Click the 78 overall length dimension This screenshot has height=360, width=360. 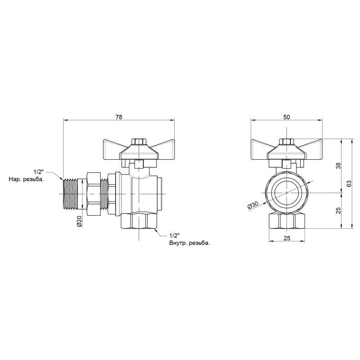coord(119,117)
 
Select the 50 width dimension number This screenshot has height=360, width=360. coord(287,117)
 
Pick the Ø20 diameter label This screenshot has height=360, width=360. coord(79,221)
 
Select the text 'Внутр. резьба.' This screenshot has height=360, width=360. coord(189,243)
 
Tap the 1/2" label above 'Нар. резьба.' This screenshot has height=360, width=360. coord(39,172)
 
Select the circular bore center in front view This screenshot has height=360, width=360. coord(287,192)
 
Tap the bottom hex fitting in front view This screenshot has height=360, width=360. coord(287,221)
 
